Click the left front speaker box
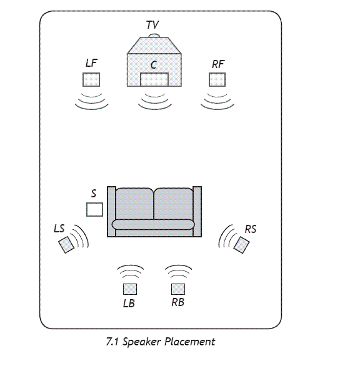pos(91,79)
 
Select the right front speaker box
pos(217,79)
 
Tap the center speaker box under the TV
pos(154,79)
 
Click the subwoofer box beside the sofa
pos(95,209)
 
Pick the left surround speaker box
pos(66,245)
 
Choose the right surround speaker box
pos(241,245)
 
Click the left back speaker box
pos(130,289)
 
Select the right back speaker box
pos(178,289)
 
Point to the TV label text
pos(152,24)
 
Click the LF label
pos(91,63)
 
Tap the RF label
pos(218,64)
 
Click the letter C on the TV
pos(154,65)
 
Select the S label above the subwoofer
pos(94,194)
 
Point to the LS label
pos(59,229)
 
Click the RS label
pos(251,229)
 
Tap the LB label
pos(129,304)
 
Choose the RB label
pos(178,302)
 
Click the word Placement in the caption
pos(190,342)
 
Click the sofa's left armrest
pos(111,212)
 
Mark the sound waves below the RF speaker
pos(217,102)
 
